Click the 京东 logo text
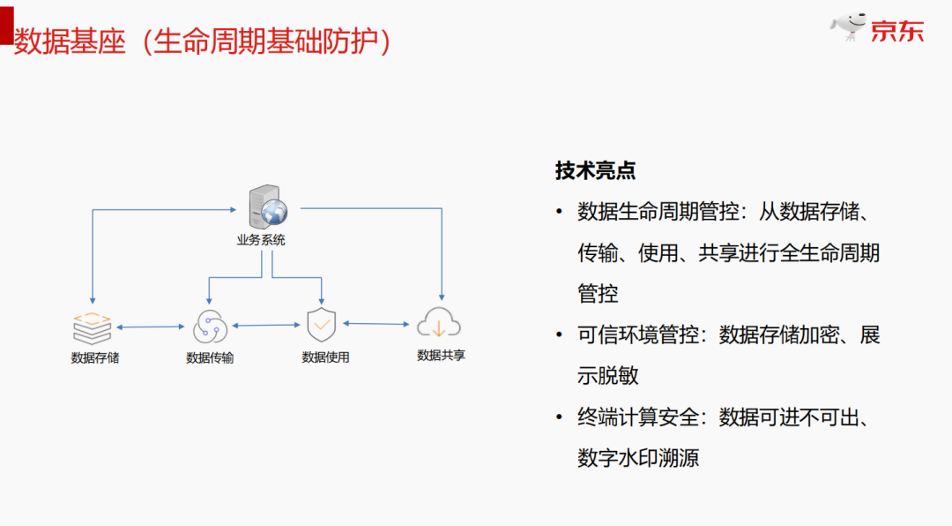tap(897, 31)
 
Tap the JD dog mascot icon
tap(850, 27)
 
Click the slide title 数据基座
tap(71, 41)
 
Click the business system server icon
tap(267, 208)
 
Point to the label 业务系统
tap(261, 240)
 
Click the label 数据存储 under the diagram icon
tap(95, 358)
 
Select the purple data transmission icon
tap(209, 327)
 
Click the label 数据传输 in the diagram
tap(210, 358)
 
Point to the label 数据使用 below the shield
tap(325, 357)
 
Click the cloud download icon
tap(438, 324)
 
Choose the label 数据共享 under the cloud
tap(441, 355)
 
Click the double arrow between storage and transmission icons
tap(151, 328)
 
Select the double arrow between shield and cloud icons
tap(378, 324)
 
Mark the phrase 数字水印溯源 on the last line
tap(637, 458)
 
